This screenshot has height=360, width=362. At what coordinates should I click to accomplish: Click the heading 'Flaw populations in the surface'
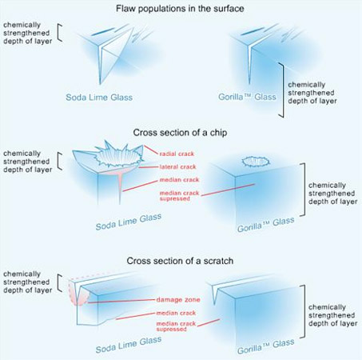pos(180,9)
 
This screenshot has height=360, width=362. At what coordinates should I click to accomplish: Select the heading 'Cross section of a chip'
pos(180,133)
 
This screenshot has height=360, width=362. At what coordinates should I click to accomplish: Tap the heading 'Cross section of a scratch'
pos(180,261)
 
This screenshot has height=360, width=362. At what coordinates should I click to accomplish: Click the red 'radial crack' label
pos(177,154)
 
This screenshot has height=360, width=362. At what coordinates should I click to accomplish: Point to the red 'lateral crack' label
pos(177,167)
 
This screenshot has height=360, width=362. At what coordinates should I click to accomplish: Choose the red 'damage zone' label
pos(178,300)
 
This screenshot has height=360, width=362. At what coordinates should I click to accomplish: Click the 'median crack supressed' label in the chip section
pos(179,195)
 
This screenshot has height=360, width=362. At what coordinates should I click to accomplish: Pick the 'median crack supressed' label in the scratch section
pos(176,326)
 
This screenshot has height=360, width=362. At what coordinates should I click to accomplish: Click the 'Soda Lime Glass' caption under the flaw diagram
pos(99,97)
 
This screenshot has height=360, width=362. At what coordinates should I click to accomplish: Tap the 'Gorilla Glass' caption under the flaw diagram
pos(247,97)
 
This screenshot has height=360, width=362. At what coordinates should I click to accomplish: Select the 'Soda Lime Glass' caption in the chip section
pos(129,222)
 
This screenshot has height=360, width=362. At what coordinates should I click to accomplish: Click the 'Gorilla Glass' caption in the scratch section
pos(266,346)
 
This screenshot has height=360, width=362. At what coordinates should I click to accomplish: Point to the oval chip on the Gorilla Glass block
pos(256,162)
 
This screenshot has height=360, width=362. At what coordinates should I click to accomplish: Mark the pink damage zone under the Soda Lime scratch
pos(79,294)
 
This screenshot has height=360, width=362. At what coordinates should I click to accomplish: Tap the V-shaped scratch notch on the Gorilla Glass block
pos(215,294)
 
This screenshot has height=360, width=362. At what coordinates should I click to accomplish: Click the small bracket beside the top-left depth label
pos(60,33)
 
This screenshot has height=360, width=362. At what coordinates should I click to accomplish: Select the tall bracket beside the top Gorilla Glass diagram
pos(281,90)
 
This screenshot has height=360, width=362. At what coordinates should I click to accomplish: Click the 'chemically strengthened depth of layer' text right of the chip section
pos(332,194)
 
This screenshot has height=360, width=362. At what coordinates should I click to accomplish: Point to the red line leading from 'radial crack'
pos(151,150)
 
